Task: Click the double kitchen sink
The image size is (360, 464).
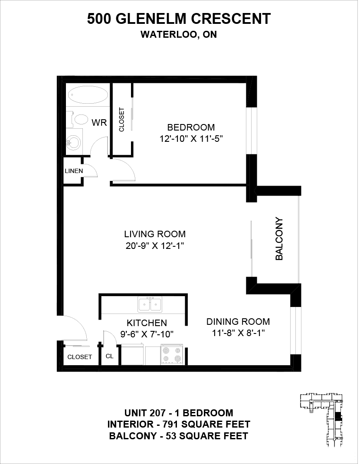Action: tap(150, 304)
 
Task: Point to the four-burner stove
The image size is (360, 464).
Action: tap(172, 354)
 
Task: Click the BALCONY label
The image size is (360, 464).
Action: tap(279, 239)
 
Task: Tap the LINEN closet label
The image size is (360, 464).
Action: tap(74, 171)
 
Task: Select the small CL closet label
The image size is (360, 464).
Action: tap(110, 356)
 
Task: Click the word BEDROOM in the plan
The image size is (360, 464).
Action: tap(191, 127)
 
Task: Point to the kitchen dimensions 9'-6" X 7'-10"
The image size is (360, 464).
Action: tap(147, 334)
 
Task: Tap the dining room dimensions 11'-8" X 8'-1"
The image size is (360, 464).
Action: tap(238, 333)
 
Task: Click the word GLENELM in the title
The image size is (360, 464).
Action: tap(150, 19)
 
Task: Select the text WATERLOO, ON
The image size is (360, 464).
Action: tap(179, 35)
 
